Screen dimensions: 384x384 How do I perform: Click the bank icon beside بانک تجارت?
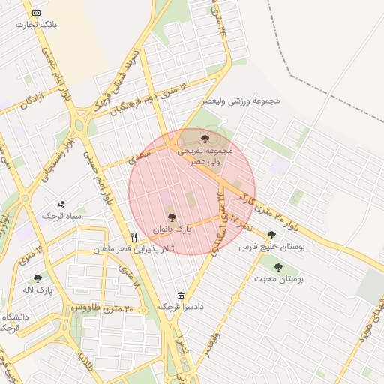[37, 13]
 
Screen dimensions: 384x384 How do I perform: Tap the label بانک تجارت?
[40, 25]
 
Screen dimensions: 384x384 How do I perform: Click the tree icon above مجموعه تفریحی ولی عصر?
[205, 138]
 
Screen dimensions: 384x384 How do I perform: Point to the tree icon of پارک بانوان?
[172, 217]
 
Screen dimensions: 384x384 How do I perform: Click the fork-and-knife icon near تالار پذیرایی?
[133, 236]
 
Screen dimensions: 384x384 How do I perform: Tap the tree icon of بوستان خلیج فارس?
[271, 235]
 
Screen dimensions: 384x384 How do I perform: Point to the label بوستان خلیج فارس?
[268, 246]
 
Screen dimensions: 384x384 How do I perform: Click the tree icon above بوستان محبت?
[279, 266]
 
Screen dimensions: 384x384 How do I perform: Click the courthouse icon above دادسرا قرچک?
[180, 295]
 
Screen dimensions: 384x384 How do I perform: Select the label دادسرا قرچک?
[181, 307]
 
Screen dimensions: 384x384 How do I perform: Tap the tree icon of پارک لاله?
[37, 278]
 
